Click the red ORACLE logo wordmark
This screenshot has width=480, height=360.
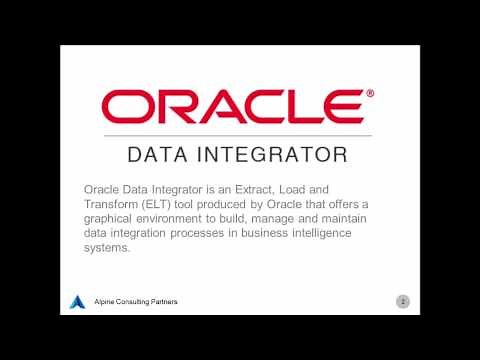pos(232,105)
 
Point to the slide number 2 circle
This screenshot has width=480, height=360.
pos(403,300)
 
